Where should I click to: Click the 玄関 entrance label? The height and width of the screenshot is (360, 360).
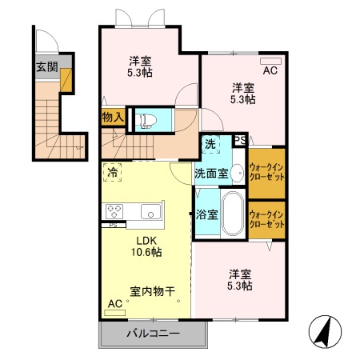(x=46, y=66)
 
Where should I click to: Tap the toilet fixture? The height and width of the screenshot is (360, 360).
(x=146, y=119)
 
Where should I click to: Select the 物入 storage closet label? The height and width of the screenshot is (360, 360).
(x=113, y=118)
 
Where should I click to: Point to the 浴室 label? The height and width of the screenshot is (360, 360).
(x=204, y=214)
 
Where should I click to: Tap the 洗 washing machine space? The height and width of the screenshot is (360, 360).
(x=210, y=145)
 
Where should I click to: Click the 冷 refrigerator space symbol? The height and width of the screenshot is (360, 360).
(x=112, y=171)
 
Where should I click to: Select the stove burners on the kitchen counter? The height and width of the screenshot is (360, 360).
(x=114, y=211)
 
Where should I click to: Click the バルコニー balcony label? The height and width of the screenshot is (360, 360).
(x=152, y=334)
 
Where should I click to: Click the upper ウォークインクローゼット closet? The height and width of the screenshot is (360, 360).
(x=266, y=171)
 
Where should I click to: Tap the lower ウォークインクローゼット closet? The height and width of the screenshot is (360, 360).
(x=266, y=219)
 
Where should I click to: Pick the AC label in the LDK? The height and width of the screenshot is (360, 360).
(x=115, y=305)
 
